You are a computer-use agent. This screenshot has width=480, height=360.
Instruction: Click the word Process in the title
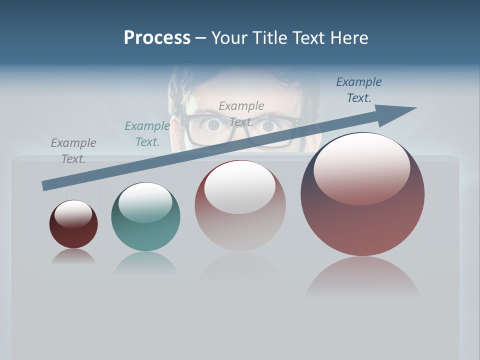pos(157,38)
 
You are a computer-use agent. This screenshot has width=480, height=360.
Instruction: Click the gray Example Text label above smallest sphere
pos(73,150)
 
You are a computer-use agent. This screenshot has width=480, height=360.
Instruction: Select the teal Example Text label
pos(147,134)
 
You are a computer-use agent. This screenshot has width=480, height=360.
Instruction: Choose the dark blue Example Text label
pos(359,90)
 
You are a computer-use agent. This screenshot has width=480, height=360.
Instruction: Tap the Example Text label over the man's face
pos(241,113)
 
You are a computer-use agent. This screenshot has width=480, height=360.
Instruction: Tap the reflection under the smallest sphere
pos(73,256)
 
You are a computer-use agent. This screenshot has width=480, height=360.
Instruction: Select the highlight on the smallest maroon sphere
pos(73,214)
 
